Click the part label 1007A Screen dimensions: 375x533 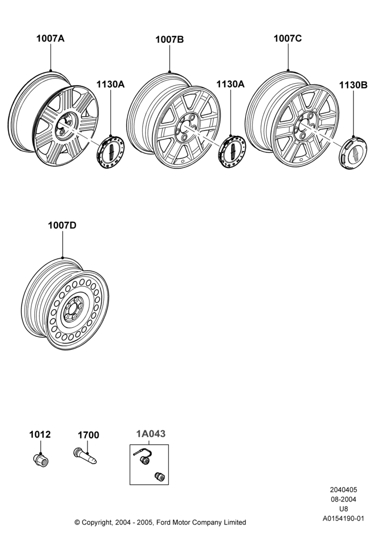pyautogui.click(x=50, y=38)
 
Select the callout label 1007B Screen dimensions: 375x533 pyautogui.click(x=169, y=40)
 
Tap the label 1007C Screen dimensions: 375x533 pyautogui.click(x=288, y=38)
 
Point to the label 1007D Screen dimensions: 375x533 pyautogui.click(x=62, y=225)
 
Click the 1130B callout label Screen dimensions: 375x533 pyautogui.click(x=353, y=85)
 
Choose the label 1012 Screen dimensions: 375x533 pyautogui.click(x=40, y=434)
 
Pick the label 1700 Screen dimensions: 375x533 pyautogui.click(x=88, y=435)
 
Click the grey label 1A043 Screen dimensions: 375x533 pyautogui.click(x=151, y=434)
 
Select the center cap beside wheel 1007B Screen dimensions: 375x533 pyautogui.click(x=232, y=152)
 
